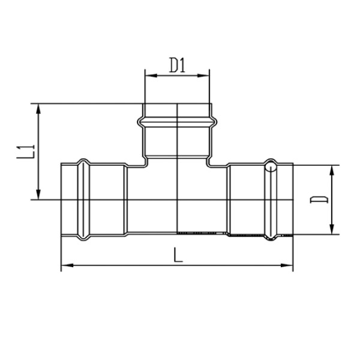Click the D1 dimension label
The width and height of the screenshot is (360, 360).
[177, 65]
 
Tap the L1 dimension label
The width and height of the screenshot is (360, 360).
[25, 152]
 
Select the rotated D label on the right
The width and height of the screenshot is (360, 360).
[319, 200]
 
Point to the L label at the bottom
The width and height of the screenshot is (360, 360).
[178, 254]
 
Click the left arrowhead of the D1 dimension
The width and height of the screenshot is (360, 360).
[151, 76]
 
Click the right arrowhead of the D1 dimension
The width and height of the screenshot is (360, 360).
[203, 76]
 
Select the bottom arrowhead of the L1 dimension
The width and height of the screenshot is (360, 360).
[38, 194]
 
